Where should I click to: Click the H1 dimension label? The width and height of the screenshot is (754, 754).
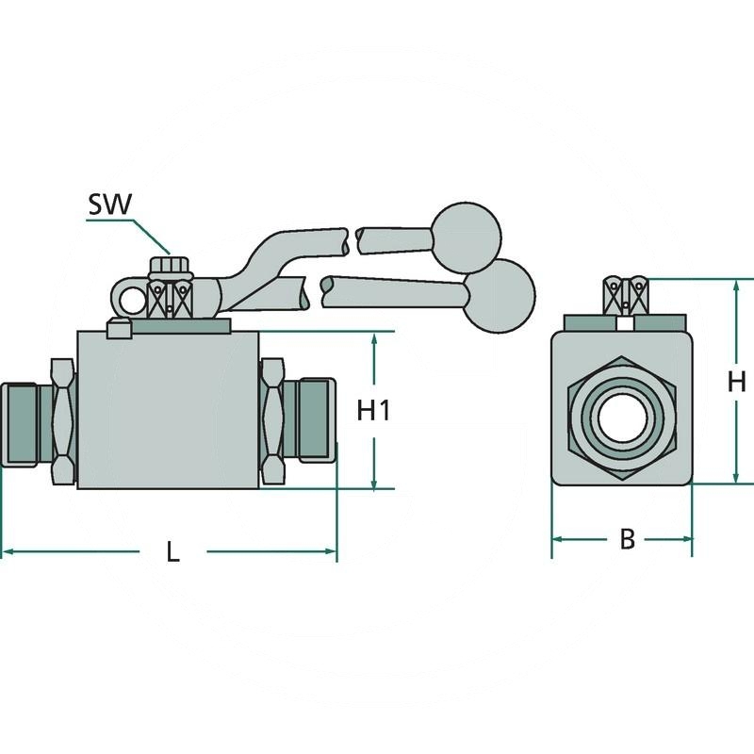point(374,411)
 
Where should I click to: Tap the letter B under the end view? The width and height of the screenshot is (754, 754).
point(627,540)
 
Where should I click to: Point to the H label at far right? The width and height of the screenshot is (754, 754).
point(738,382)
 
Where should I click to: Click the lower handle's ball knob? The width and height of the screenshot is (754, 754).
point(500,293)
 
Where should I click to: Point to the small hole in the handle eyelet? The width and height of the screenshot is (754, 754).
point(131,300)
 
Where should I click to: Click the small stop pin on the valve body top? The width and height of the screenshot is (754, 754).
point(118,329)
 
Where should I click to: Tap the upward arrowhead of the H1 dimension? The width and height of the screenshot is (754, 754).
point(375,339)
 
